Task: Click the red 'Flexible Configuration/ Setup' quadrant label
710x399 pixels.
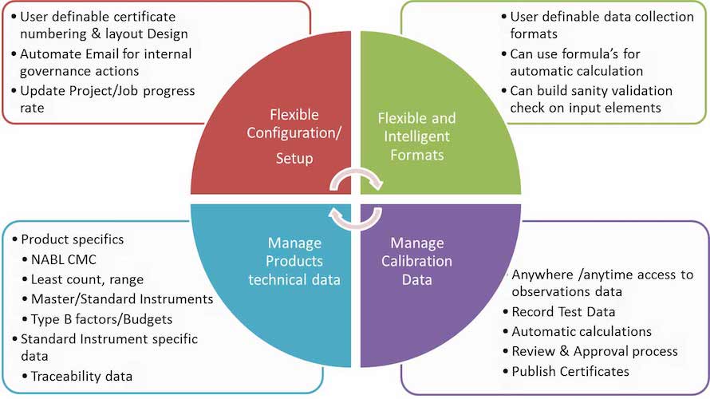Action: [294, 136]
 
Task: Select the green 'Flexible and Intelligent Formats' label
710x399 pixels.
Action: [417, 136]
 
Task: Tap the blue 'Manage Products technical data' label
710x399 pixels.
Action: [294, 261]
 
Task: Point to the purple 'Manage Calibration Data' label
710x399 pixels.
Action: [416, 261]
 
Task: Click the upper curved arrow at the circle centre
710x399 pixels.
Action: [356, 172]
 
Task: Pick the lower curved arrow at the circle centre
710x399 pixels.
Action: [356, 225]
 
